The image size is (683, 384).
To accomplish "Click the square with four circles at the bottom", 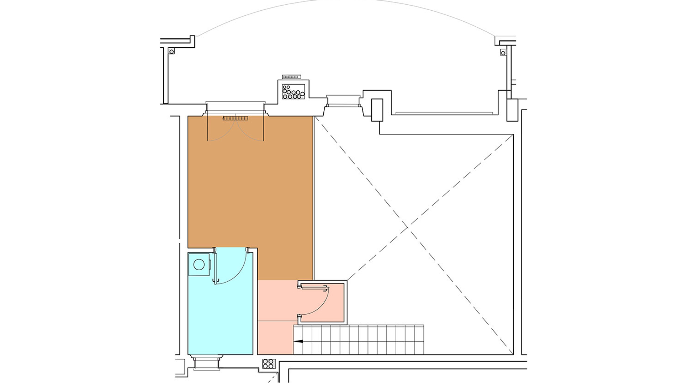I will click(x=269, y=364).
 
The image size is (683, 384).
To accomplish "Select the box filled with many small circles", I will click(x=293, y=91).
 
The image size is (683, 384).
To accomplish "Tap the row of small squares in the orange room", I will click(x=235, y=118).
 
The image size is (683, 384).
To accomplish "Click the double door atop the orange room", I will click(x=235, y=129).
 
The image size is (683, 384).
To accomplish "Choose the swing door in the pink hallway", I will click(x=315, y=300).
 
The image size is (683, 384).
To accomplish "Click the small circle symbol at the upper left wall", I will click(x=172, y=52).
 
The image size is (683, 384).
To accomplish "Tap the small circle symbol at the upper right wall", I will click(x=503, y=53).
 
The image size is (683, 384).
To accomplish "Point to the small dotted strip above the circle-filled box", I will click(x=291, y=77).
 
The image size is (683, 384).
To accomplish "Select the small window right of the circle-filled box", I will click(x=343, y=101).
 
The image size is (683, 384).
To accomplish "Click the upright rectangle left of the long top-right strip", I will click(x=377, y=110).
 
